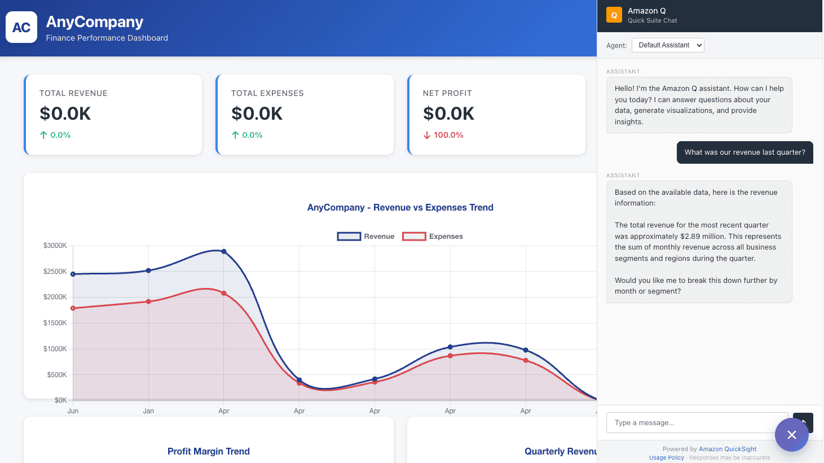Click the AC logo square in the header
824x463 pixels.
coord(21,27)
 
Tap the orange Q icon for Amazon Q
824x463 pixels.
coord(614,15)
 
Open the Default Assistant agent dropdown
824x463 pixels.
coord(668,45)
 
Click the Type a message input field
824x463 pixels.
coord(697,422)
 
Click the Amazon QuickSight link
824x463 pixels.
coord(727,449)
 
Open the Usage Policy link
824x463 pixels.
coord(666,457)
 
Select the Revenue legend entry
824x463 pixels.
coord(365,237)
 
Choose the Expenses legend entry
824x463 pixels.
coord(433,237)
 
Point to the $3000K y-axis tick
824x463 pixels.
coord(55,245)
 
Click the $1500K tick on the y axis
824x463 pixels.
coord(55,323)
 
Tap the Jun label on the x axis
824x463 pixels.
coord(73,410)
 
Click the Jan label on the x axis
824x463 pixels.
coord(148,410)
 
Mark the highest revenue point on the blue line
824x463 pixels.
coord(224,252)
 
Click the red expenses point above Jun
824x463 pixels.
coord(73,308)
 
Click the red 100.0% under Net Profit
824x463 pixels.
coord(448,135)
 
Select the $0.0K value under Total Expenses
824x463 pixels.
coord(257,113)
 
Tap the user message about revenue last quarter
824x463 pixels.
coord(744,152)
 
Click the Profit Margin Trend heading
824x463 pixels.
coord(209,451)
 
